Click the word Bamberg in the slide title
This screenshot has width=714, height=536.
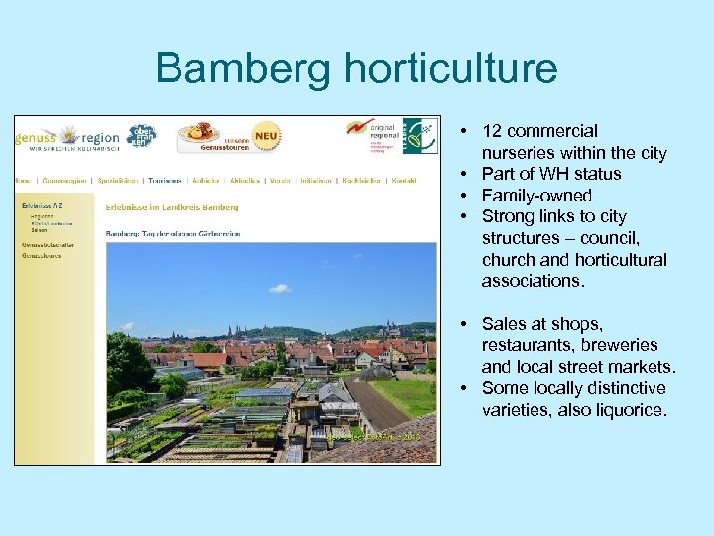click(x=243, y=69)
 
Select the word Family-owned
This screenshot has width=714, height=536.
click(x=535, y=196)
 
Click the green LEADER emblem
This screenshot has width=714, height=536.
click(x=419, y=136)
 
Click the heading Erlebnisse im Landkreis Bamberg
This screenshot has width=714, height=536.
click(x=172, y=207)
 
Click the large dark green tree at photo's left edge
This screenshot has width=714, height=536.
click(x=124, y=358)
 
